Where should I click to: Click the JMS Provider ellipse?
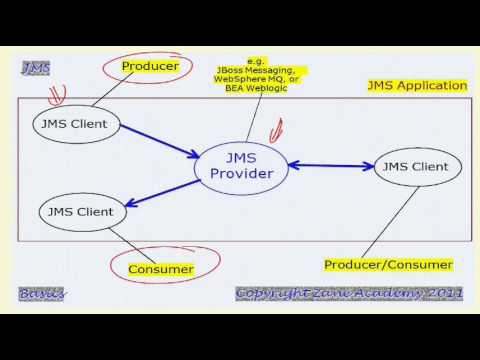pos(241,167)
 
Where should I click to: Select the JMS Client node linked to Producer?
pos(76,125)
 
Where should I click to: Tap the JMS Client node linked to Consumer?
pos(82,211)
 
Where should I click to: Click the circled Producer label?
pos(150,66)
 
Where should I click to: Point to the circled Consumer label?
pos(160,269)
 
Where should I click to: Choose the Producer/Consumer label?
pos(388,265)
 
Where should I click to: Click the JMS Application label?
pos(417,87)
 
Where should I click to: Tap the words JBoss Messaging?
pos(255,71)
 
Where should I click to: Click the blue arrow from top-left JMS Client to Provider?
pos(160,141)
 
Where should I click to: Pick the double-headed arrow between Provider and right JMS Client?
pos(330,166)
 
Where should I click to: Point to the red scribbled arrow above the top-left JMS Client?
pos(57,97)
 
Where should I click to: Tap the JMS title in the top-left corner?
pos(36,67)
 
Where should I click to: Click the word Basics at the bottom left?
pos(41,293)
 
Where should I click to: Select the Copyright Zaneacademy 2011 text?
pos(349,293)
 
